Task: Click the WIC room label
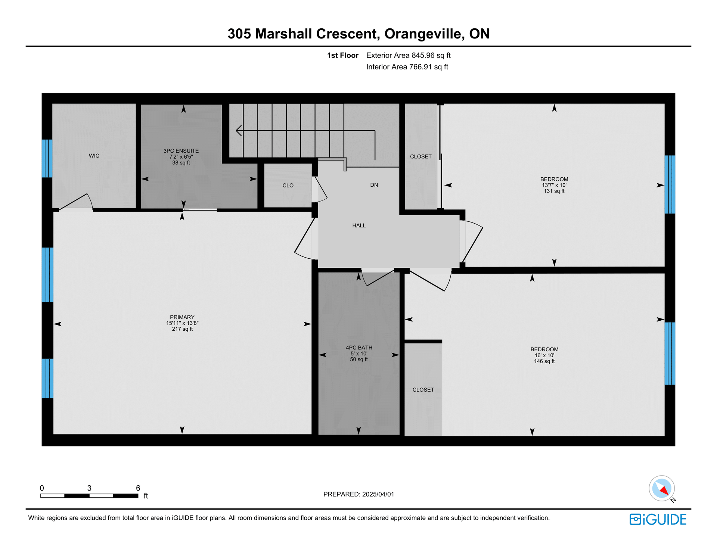(94, 156)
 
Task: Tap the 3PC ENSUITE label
(181, 151)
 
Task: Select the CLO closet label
(288, 186)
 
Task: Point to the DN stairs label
(374, 185)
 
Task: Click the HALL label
(359, 225)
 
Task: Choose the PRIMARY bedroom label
(182, 317)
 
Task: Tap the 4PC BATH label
(359, 348)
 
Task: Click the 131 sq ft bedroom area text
(554, 191)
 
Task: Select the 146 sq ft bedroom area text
(544, 361)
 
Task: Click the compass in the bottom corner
(662, 488)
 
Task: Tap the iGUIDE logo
(658, 519)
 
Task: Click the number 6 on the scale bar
(138, 488)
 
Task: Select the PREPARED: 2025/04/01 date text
(358, 494)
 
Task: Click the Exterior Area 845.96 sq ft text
(409, 55)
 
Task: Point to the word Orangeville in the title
(425, 34)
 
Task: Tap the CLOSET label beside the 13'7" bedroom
(421, 157)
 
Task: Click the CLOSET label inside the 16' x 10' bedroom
(423, 390)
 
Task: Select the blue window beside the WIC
(47, 158)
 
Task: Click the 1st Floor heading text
(343, 55)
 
